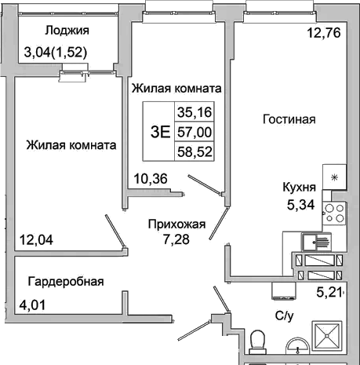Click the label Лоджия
pyautogui.click(x=67, y=31)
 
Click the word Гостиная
pyautogui.click(x=289, y=120)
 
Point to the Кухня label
pyautogui.click(x=300, y=188)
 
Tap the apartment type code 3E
pyautogui.click(x=159, y=131)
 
